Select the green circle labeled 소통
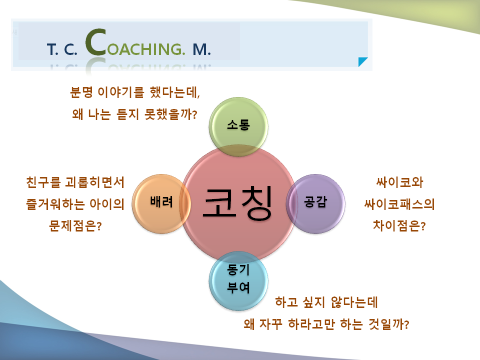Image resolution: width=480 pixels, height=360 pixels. coord(238,126)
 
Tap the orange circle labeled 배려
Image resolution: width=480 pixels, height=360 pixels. coord(161,203)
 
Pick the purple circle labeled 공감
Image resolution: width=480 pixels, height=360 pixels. coord(315,203)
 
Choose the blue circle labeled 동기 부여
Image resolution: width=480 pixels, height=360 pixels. coord(238,280)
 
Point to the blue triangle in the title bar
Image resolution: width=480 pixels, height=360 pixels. coord(363,61)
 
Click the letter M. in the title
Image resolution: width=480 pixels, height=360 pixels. coord(201,49)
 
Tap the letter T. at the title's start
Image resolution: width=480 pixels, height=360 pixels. coord(52,49)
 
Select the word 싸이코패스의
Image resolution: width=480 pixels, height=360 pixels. coord(399,204)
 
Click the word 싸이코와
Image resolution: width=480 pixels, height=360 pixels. coord(399,182)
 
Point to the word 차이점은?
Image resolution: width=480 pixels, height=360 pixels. coord(399,225)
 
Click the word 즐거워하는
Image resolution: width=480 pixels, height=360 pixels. coord(55,204)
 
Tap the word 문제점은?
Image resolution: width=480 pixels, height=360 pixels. coord(75,226)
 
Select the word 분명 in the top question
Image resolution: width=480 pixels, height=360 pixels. coord(81,92)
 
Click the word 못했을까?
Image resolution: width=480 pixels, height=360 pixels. coord(170,114)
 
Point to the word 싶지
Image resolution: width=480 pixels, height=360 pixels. coord(313,302)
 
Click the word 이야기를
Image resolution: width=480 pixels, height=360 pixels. coord(120,92)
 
